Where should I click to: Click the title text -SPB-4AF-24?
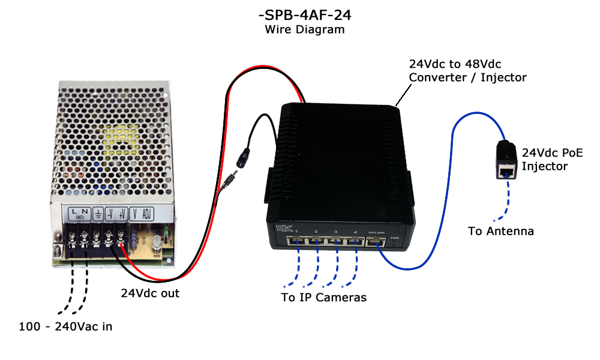pos(305,14)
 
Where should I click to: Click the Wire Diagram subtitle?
pos(305,29)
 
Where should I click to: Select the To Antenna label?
pos(500,231)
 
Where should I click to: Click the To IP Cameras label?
pos(323,297)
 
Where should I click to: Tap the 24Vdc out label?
pos(150,293)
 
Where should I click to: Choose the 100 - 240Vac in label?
pos(65,327)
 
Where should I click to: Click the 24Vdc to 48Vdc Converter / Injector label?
pos(467,70)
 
